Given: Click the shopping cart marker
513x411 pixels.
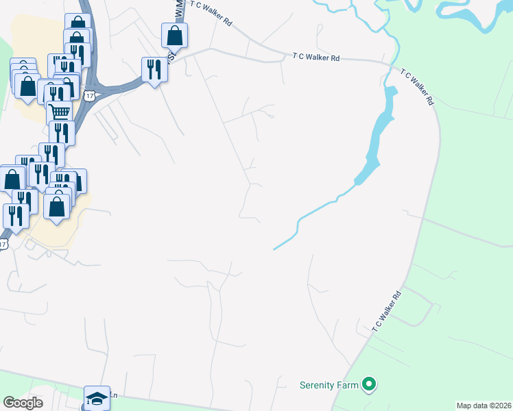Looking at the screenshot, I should [60, 112].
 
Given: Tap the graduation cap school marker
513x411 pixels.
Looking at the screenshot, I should [97, 398].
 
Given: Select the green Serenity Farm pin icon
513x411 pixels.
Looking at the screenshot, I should [370, 385].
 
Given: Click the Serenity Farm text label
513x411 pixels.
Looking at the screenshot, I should [329, 385].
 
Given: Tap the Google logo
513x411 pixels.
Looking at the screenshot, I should [23, 403].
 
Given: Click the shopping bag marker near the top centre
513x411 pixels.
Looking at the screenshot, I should [175, 35].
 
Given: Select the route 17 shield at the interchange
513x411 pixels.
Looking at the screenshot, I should [90, 96].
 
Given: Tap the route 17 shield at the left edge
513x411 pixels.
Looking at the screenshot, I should [3, 244].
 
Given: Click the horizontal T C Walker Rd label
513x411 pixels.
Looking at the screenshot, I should [316, 58].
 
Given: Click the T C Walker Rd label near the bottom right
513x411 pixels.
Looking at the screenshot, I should [387, 312].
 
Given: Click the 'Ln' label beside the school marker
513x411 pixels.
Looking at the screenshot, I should [115, 395].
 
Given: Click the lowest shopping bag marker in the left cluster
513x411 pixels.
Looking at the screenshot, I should [57, 204].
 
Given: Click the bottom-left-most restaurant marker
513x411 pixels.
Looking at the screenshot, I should [16, 215].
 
